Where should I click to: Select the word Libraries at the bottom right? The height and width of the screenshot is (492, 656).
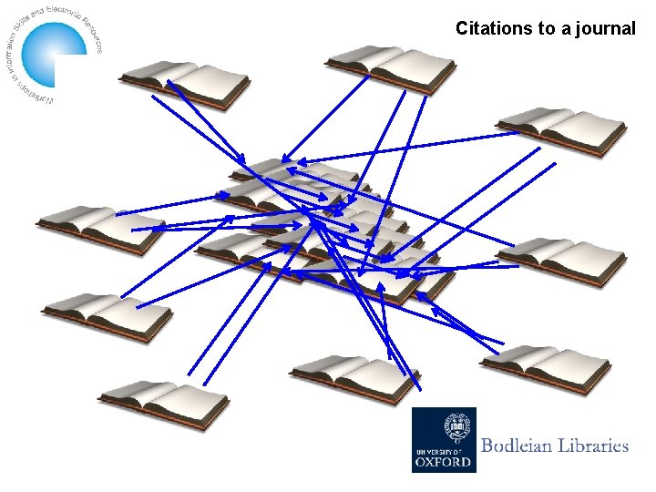point(593,446)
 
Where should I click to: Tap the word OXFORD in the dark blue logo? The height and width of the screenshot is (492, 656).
point(444,461)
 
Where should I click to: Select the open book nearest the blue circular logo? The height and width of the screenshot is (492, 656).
point(185,84)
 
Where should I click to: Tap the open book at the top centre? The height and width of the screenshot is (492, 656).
point(391,67)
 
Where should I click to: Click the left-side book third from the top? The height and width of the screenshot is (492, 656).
point(108,315)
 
